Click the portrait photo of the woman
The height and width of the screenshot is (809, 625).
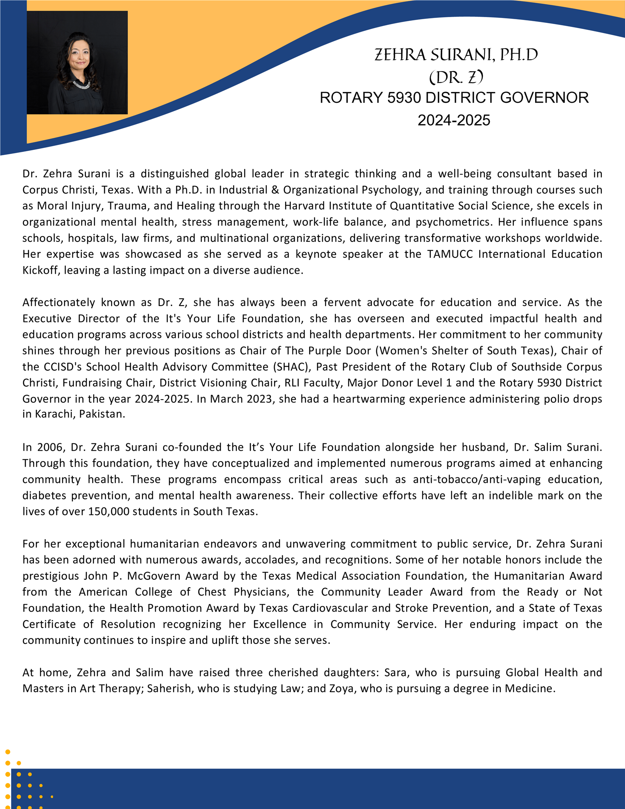tap(77, 63)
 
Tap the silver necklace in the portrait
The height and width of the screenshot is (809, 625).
tap(81, 85)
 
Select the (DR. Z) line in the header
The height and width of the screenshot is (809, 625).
tap(456, 77)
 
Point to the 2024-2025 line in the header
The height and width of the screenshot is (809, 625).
tap(453, 120)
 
